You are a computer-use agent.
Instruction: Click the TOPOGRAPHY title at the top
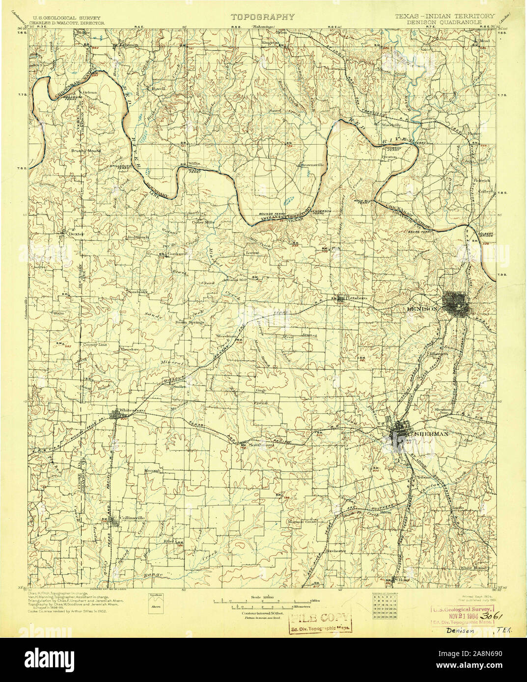coord(263,17)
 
